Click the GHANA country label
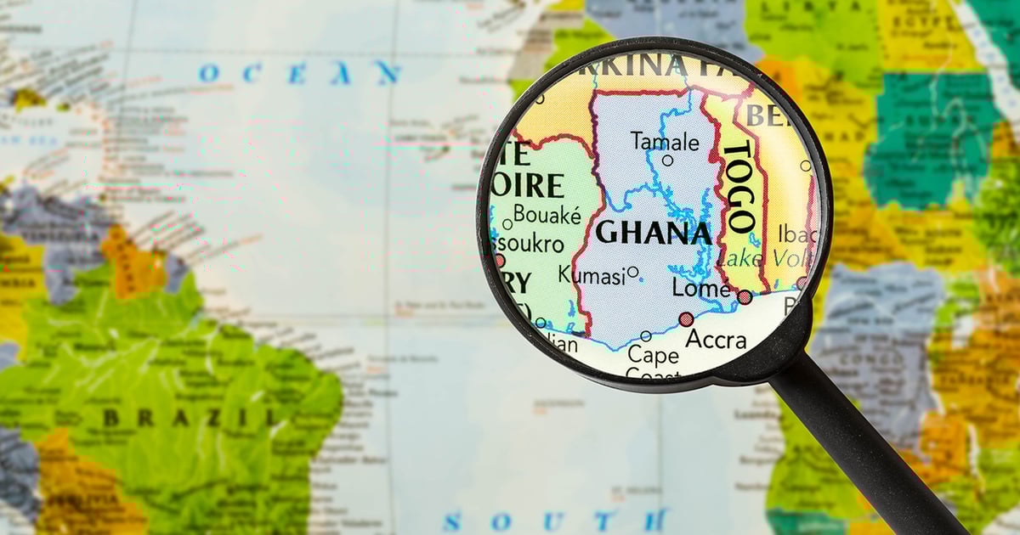tap(654, 233)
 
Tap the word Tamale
tap(666, 141)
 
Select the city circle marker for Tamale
tap(667, 160)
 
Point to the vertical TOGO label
tap(737, 187)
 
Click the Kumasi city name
tap(591, 273)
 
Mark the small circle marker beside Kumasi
tap(632, 273)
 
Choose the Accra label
tap(716, 340)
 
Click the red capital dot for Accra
tap(686, 319)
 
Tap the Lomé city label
tap(700, 288)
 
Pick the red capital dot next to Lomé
tap(745, 297)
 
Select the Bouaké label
tap(547, 215)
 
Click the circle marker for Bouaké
tap(507, 224)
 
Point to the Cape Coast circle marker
tap(645, 336)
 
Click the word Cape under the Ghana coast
tap(652, 354)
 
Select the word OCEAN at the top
tap(299, 73)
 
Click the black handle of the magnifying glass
tap(875, 450)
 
